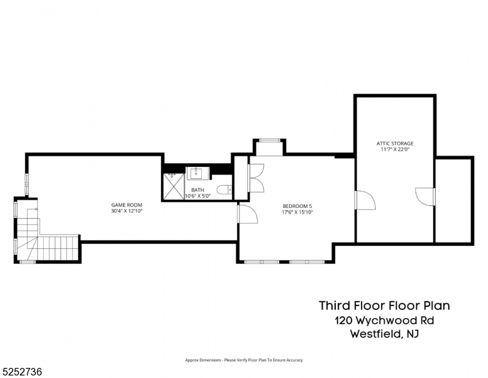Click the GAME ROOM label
126,205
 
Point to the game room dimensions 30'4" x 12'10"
126,211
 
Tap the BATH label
197,190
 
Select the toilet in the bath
224,190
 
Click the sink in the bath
197,173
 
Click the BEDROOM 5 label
297,207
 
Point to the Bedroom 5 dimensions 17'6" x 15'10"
297,213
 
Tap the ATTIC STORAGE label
395,144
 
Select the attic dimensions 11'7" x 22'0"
395,150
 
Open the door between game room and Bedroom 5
247,214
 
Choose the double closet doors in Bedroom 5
256,178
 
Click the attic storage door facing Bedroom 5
364,200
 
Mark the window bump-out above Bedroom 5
269,147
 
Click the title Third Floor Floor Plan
384,306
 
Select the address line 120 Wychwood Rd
384,321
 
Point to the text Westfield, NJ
384,335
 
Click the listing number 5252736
23,372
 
